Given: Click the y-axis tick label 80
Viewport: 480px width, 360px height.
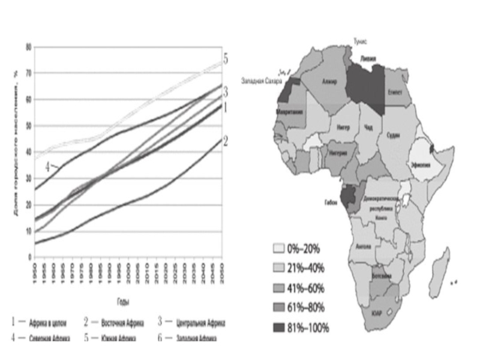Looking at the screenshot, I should click(x=28, y=47).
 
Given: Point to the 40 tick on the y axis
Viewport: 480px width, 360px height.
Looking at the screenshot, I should click(x=28, y=152).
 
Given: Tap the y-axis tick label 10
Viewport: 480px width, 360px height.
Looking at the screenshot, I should click(x=28, y=230).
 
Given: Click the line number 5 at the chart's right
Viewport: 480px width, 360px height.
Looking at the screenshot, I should click(x=226, y=59).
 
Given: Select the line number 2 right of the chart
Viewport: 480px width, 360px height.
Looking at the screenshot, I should click(x=226, y=141).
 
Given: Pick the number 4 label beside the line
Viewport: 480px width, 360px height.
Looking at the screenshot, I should click(x=47, y=165).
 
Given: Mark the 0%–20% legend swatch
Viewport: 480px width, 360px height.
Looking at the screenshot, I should click(x=278, y=247).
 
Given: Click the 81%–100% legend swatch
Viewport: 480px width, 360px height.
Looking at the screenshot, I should click(x=278, y=327).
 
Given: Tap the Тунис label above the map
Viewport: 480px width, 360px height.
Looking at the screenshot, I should click(x=359, y=41).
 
